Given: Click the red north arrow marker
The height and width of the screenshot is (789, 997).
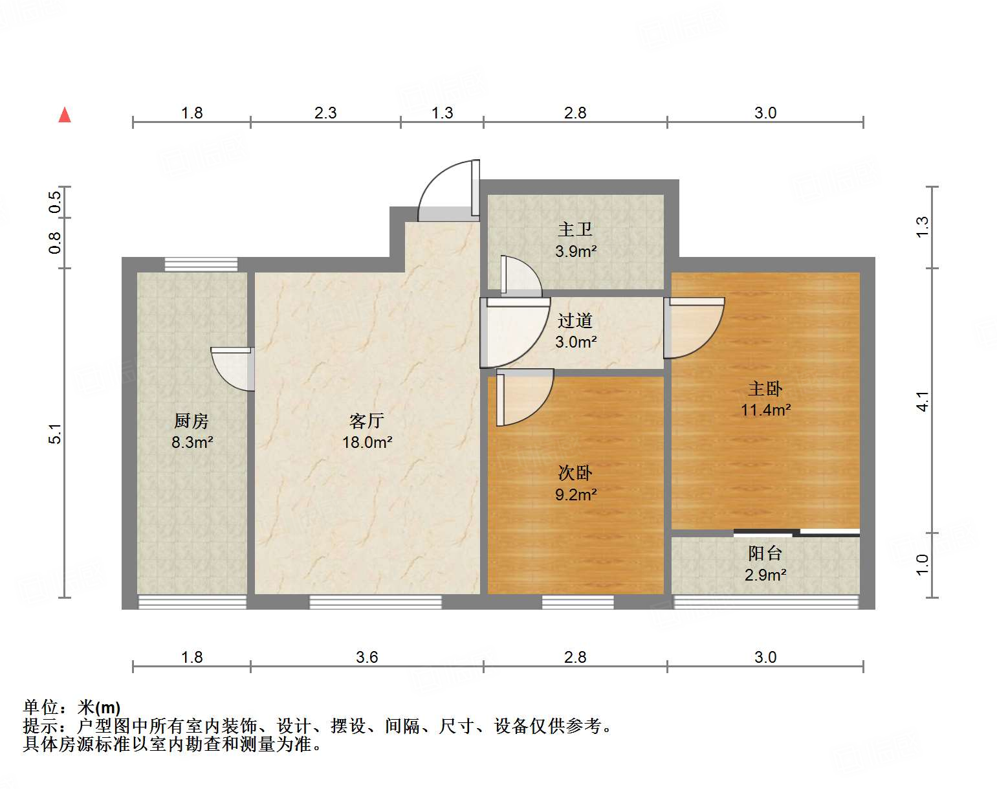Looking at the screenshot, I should tap(65, 115).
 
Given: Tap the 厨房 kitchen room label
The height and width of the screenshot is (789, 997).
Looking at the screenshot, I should tap(192, 421).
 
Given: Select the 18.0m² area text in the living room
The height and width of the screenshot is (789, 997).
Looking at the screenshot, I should tap(367, 443).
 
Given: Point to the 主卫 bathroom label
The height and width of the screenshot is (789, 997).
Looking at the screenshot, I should tap(575, 230).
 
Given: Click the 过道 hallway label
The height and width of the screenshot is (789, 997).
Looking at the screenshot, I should tap(575, 320).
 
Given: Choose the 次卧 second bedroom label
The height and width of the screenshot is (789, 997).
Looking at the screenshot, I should tap(575, 473).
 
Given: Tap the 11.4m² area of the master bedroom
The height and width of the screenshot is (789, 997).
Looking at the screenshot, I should tap(765, 410).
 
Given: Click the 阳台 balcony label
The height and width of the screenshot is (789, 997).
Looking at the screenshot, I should tap(765, 553).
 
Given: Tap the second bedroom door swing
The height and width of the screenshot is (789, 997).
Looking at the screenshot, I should tap(524, 396).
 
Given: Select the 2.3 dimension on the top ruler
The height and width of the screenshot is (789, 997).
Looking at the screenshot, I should tap(325, 113).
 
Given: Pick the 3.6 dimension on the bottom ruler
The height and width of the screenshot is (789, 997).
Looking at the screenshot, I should tap(367, 658).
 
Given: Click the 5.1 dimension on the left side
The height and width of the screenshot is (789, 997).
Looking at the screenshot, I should tap(56, 433).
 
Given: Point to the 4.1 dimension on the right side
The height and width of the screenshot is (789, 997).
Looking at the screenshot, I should tap(923, 401).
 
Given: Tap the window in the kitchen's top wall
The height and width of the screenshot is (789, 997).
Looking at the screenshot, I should tap(201, 264).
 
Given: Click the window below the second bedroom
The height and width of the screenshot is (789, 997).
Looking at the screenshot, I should tap(577, 602).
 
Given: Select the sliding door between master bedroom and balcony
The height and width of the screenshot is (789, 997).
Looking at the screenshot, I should tap(796, 533).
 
